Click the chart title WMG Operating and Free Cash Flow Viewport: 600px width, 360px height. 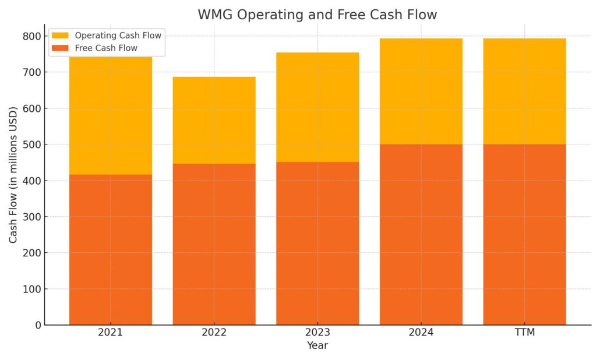pos(317,15)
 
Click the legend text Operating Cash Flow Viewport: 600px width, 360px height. pos(118,36)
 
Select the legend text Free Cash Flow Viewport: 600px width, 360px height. pos(106,48)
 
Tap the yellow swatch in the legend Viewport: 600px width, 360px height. pos(60,36)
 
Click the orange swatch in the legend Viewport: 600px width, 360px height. pos(60,48)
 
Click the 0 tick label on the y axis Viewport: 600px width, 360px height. pos(38,325)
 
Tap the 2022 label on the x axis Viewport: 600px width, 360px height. pos(214,333)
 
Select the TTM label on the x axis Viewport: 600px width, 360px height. pos(524,333)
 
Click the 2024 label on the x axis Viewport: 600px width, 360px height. pos(421,333)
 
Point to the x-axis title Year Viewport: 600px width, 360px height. pos(317,346)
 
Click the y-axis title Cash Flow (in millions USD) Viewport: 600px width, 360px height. pos(13,175)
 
